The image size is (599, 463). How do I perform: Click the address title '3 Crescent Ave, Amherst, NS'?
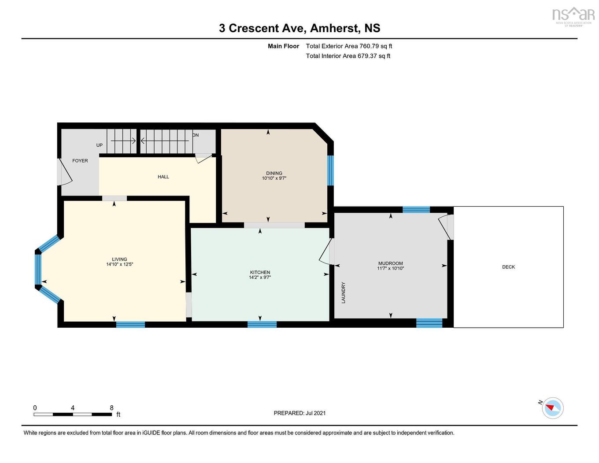click(299, 28)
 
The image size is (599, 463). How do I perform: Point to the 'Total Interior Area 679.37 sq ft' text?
click(348, 56)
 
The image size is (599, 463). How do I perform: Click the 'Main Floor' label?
click(283, 46)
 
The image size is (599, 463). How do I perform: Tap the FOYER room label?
click(80, 161)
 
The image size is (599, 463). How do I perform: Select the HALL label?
click(163, 177)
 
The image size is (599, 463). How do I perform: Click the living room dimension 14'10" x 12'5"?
click(119, 264)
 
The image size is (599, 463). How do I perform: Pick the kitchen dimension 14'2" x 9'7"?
click(260, 278)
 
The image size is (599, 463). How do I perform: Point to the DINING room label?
click(274, 173)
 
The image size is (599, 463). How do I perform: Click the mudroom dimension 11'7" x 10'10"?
click(390, 268)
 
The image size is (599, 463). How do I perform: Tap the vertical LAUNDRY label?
click(344, 293)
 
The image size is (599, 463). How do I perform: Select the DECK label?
click(508, 267)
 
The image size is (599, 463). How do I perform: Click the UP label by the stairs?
click(100, 145)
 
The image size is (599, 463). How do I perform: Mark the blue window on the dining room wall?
click(330, 170)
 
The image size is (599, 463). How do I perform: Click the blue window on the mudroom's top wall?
click(416, 210)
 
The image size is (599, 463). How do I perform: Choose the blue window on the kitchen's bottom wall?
click(262, 325)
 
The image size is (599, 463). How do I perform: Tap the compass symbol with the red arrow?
click(552, 408)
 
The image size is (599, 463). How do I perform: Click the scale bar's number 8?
click(111, 408)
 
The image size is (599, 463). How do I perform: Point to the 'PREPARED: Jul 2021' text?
click(299, 413)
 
